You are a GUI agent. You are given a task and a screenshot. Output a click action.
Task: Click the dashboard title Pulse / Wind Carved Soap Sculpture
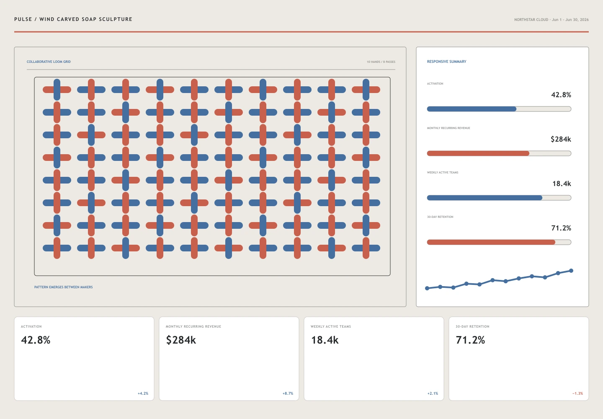(73, 19)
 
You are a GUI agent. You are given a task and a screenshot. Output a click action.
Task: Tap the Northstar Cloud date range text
(551, 20)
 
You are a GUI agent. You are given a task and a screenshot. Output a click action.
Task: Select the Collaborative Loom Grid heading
(49, 62)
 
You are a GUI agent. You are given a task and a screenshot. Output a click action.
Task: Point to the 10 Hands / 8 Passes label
(381, 62)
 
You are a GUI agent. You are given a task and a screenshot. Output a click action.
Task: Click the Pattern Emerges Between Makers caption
(63, 287)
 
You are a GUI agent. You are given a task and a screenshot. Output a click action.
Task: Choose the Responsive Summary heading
(446, 62)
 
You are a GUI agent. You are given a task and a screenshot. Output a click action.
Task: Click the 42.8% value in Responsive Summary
(561, 95)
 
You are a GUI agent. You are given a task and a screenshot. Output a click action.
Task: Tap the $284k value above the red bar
(561, 139)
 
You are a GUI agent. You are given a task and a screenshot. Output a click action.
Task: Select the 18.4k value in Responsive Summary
(562, 184)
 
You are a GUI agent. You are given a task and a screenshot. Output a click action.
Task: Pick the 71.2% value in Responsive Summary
(561, 228)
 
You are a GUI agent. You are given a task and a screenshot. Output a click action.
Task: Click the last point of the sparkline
(571, 271)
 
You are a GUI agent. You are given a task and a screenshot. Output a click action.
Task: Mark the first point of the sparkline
(427, 288)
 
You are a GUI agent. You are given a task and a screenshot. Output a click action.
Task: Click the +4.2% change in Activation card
(143, 393)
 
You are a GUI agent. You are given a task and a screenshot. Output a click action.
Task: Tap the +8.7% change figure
(288, 393)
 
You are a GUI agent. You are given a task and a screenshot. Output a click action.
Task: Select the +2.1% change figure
(433, 393)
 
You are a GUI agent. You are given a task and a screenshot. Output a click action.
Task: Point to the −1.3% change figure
(577, 393)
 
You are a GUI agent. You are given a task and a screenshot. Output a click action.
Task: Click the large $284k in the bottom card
(181, 340)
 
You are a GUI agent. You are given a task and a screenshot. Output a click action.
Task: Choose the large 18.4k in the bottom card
(325, 340)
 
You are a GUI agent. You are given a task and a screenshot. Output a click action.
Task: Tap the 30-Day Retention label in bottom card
(472, 326)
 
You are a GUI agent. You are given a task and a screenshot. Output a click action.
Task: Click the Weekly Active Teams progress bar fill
(484, 198)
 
